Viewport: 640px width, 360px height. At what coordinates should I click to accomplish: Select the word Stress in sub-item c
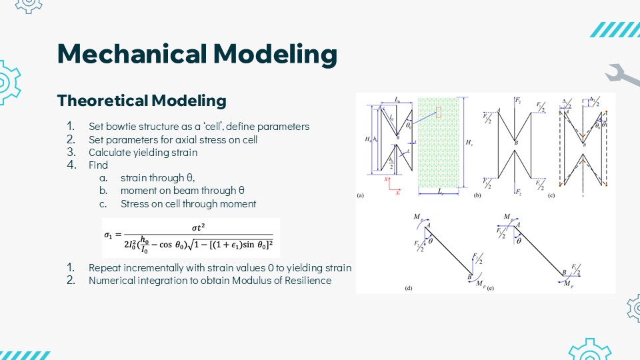tap(134, 203)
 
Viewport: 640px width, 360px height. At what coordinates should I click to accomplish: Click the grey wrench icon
tap(623, 77)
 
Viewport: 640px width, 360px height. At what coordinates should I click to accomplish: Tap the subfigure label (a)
tap(361, 196)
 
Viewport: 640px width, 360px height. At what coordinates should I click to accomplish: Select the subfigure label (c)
tap(551, 196)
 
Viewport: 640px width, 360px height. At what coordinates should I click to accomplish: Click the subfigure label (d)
tap(409, 288)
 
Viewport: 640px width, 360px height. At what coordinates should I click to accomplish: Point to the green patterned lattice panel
tap(440, 143)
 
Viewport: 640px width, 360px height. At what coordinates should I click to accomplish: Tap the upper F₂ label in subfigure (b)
tap(517, 101)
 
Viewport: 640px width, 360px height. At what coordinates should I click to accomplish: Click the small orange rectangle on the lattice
tap(439, 113)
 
